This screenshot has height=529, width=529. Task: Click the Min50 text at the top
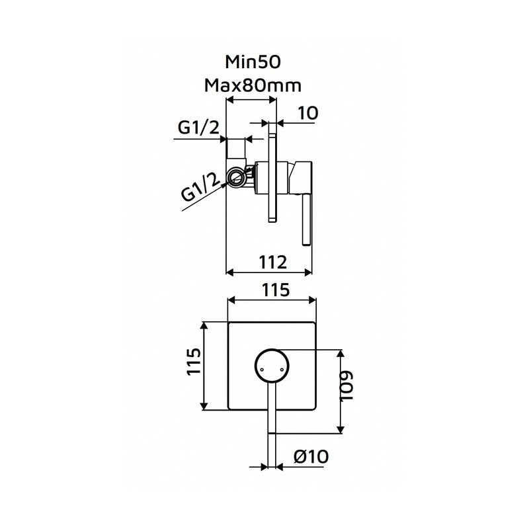(x=253, y=62)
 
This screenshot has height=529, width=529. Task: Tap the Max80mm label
(x=253, y=86)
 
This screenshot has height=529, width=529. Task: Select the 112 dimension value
(x=272, y=262)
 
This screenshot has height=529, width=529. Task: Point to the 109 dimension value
(x=346, y=386)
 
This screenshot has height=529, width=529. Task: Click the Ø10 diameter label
(x=311, y=457)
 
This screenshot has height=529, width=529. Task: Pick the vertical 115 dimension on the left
(x=194, y=361)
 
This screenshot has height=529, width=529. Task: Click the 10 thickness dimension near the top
(x=308, y=113)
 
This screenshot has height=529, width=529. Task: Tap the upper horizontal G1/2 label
(x=199, y=128)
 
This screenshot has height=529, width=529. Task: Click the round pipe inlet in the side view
(x=235, y=177)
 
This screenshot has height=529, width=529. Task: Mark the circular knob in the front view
(x=272, y=366)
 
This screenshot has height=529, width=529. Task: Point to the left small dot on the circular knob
(x=261, y=370)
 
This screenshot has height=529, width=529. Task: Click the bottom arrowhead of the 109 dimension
(x=341, y=429)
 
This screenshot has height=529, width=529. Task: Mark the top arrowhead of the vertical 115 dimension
(x=204, y=326)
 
